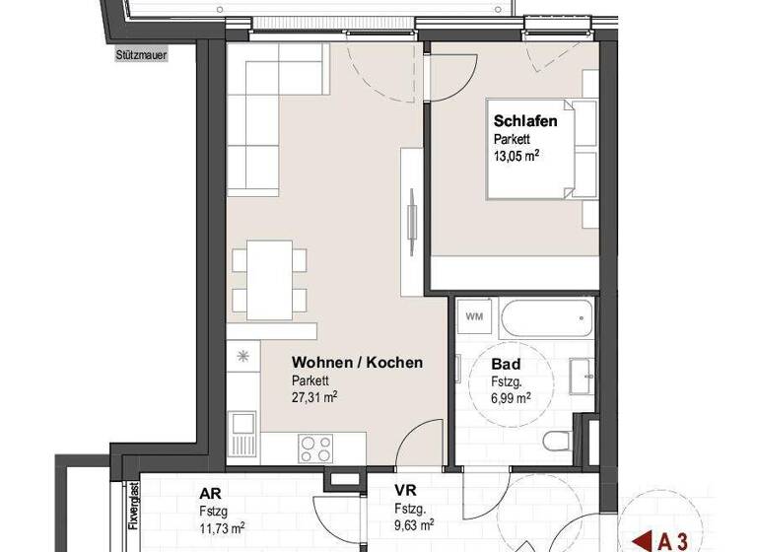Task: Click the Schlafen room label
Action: [x=526, y=121]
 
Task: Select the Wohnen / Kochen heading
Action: [x=357, y=363]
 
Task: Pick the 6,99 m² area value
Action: [x=511, y=397]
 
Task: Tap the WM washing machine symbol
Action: [x=474, y=317]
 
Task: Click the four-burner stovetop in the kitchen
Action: [x=315, y=448]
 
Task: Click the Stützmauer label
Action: [x=140, y=56]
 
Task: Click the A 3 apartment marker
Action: [x=660, y=539]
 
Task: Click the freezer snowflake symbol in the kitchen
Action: [x=242, y=355]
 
